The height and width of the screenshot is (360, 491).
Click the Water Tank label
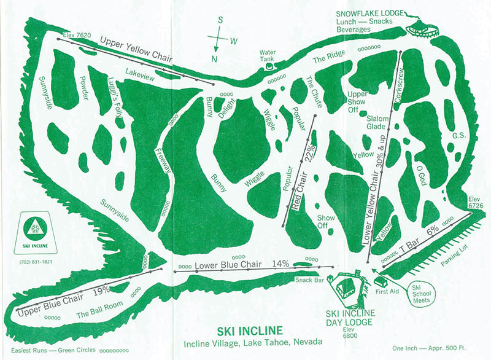tap(268, 56)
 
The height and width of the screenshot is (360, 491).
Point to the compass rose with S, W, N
tap(218, 39)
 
